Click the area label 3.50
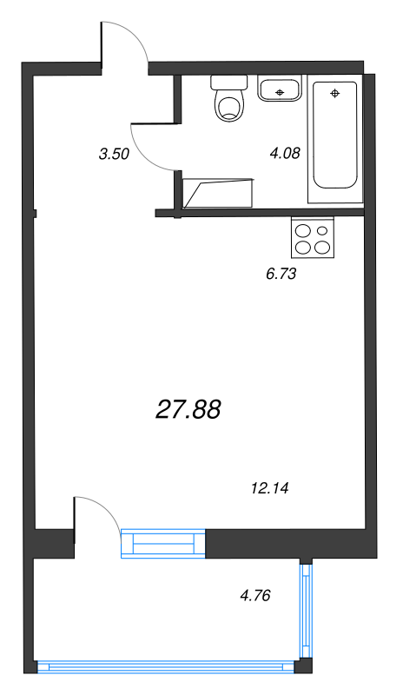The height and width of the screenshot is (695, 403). pos(115,156)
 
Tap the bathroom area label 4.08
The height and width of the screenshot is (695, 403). pos(285,154)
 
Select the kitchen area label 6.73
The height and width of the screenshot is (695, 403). pos(281,274)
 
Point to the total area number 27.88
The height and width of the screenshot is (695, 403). pos(188,409)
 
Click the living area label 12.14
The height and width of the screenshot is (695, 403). pos(268,488)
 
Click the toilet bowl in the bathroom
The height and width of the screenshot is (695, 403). pos(229,108)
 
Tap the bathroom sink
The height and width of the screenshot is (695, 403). pos(280,89)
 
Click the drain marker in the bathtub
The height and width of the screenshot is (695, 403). pos(335,92)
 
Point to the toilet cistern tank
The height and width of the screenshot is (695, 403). pos(229,83)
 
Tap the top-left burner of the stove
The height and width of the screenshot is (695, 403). pos(305,231)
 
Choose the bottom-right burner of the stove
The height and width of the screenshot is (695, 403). pos(322,247)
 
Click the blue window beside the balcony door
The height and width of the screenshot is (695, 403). pos(162,544)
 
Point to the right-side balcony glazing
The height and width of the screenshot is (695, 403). pos(306,612)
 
